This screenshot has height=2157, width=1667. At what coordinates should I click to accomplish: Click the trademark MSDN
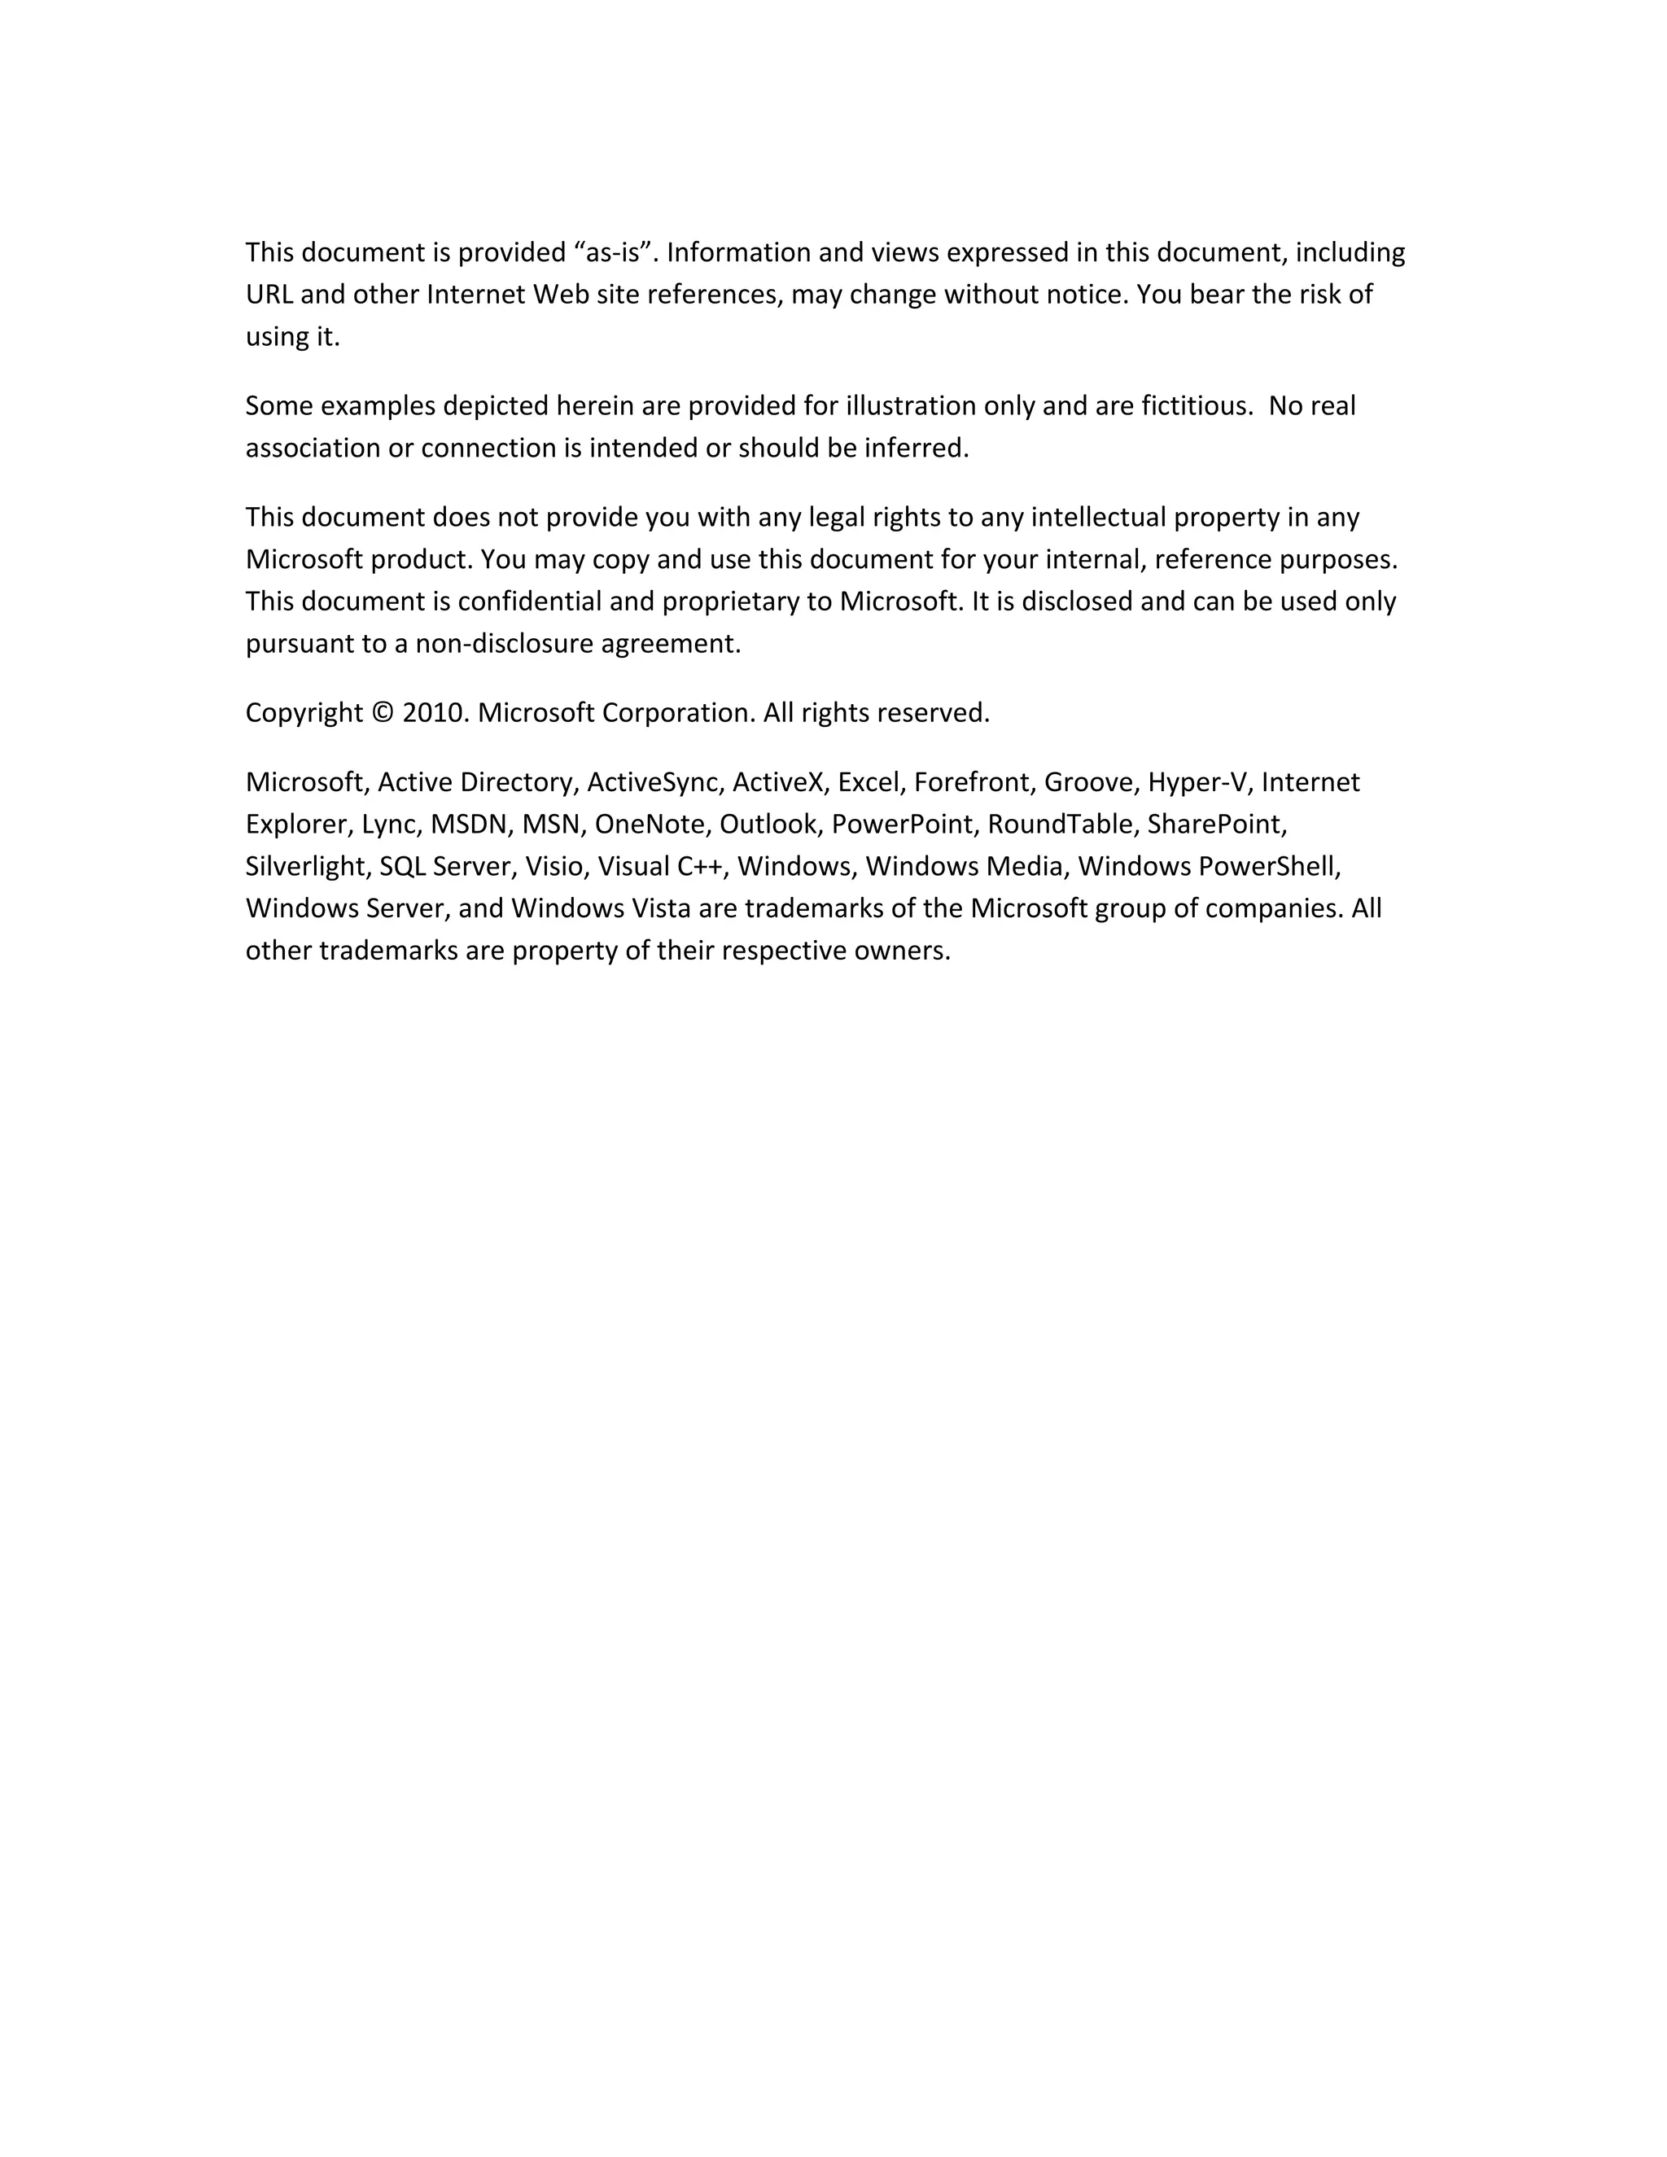tap(468, 825)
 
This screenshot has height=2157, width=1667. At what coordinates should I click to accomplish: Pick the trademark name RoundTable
tap(1059, 825)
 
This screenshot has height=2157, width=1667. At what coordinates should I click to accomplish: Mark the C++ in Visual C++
tap(699, 866)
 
